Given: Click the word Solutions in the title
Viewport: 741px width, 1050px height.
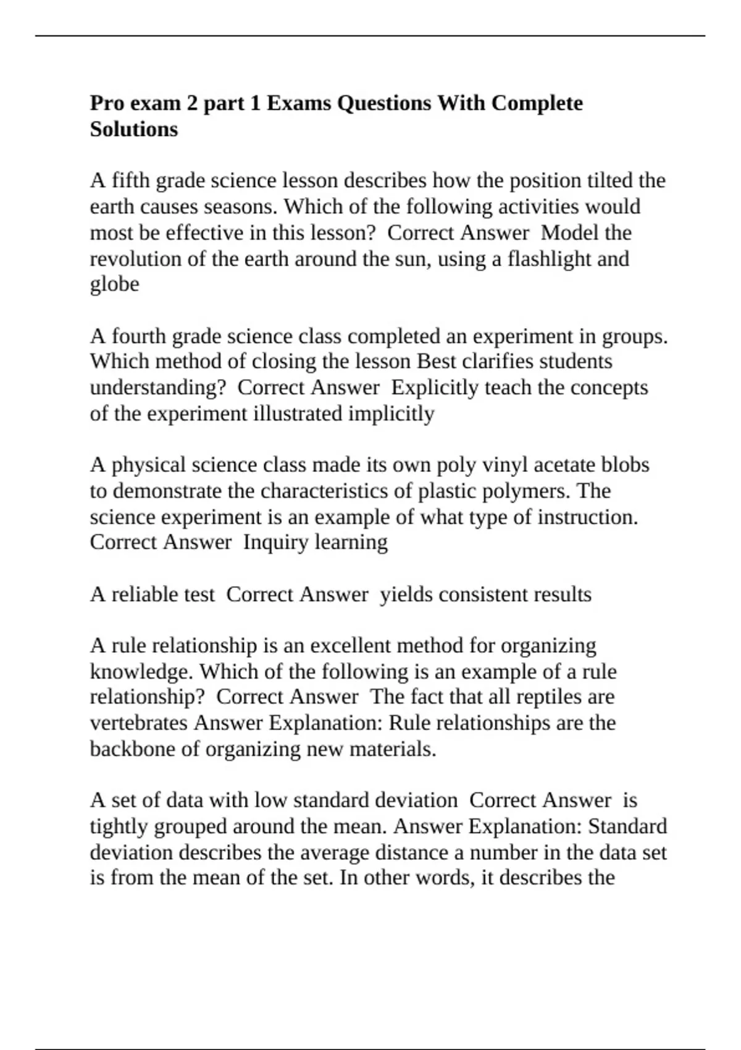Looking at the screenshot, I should pos(134,129).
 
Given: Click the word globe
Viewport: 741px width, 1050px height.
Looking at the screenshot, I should pos(114,284).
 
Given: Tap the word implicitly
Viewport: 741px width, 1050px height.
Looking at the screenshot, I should pos(391,413).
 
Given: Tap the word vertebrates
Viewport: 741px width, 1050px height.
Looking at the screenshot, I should pos(139,723).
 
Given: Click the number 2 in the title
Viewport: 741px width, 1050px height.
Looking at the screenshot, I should pos(192,103).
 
